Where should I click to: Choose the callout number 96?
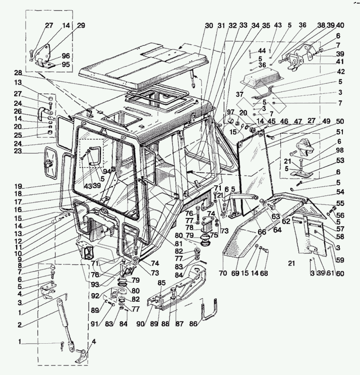(x=66, y=56)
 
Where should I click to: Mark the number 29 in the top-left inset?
(x=81, y=26)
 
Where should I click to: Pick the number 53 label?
(x=340, y=160)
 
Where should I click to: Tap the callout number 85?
(x=161, y=283)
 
